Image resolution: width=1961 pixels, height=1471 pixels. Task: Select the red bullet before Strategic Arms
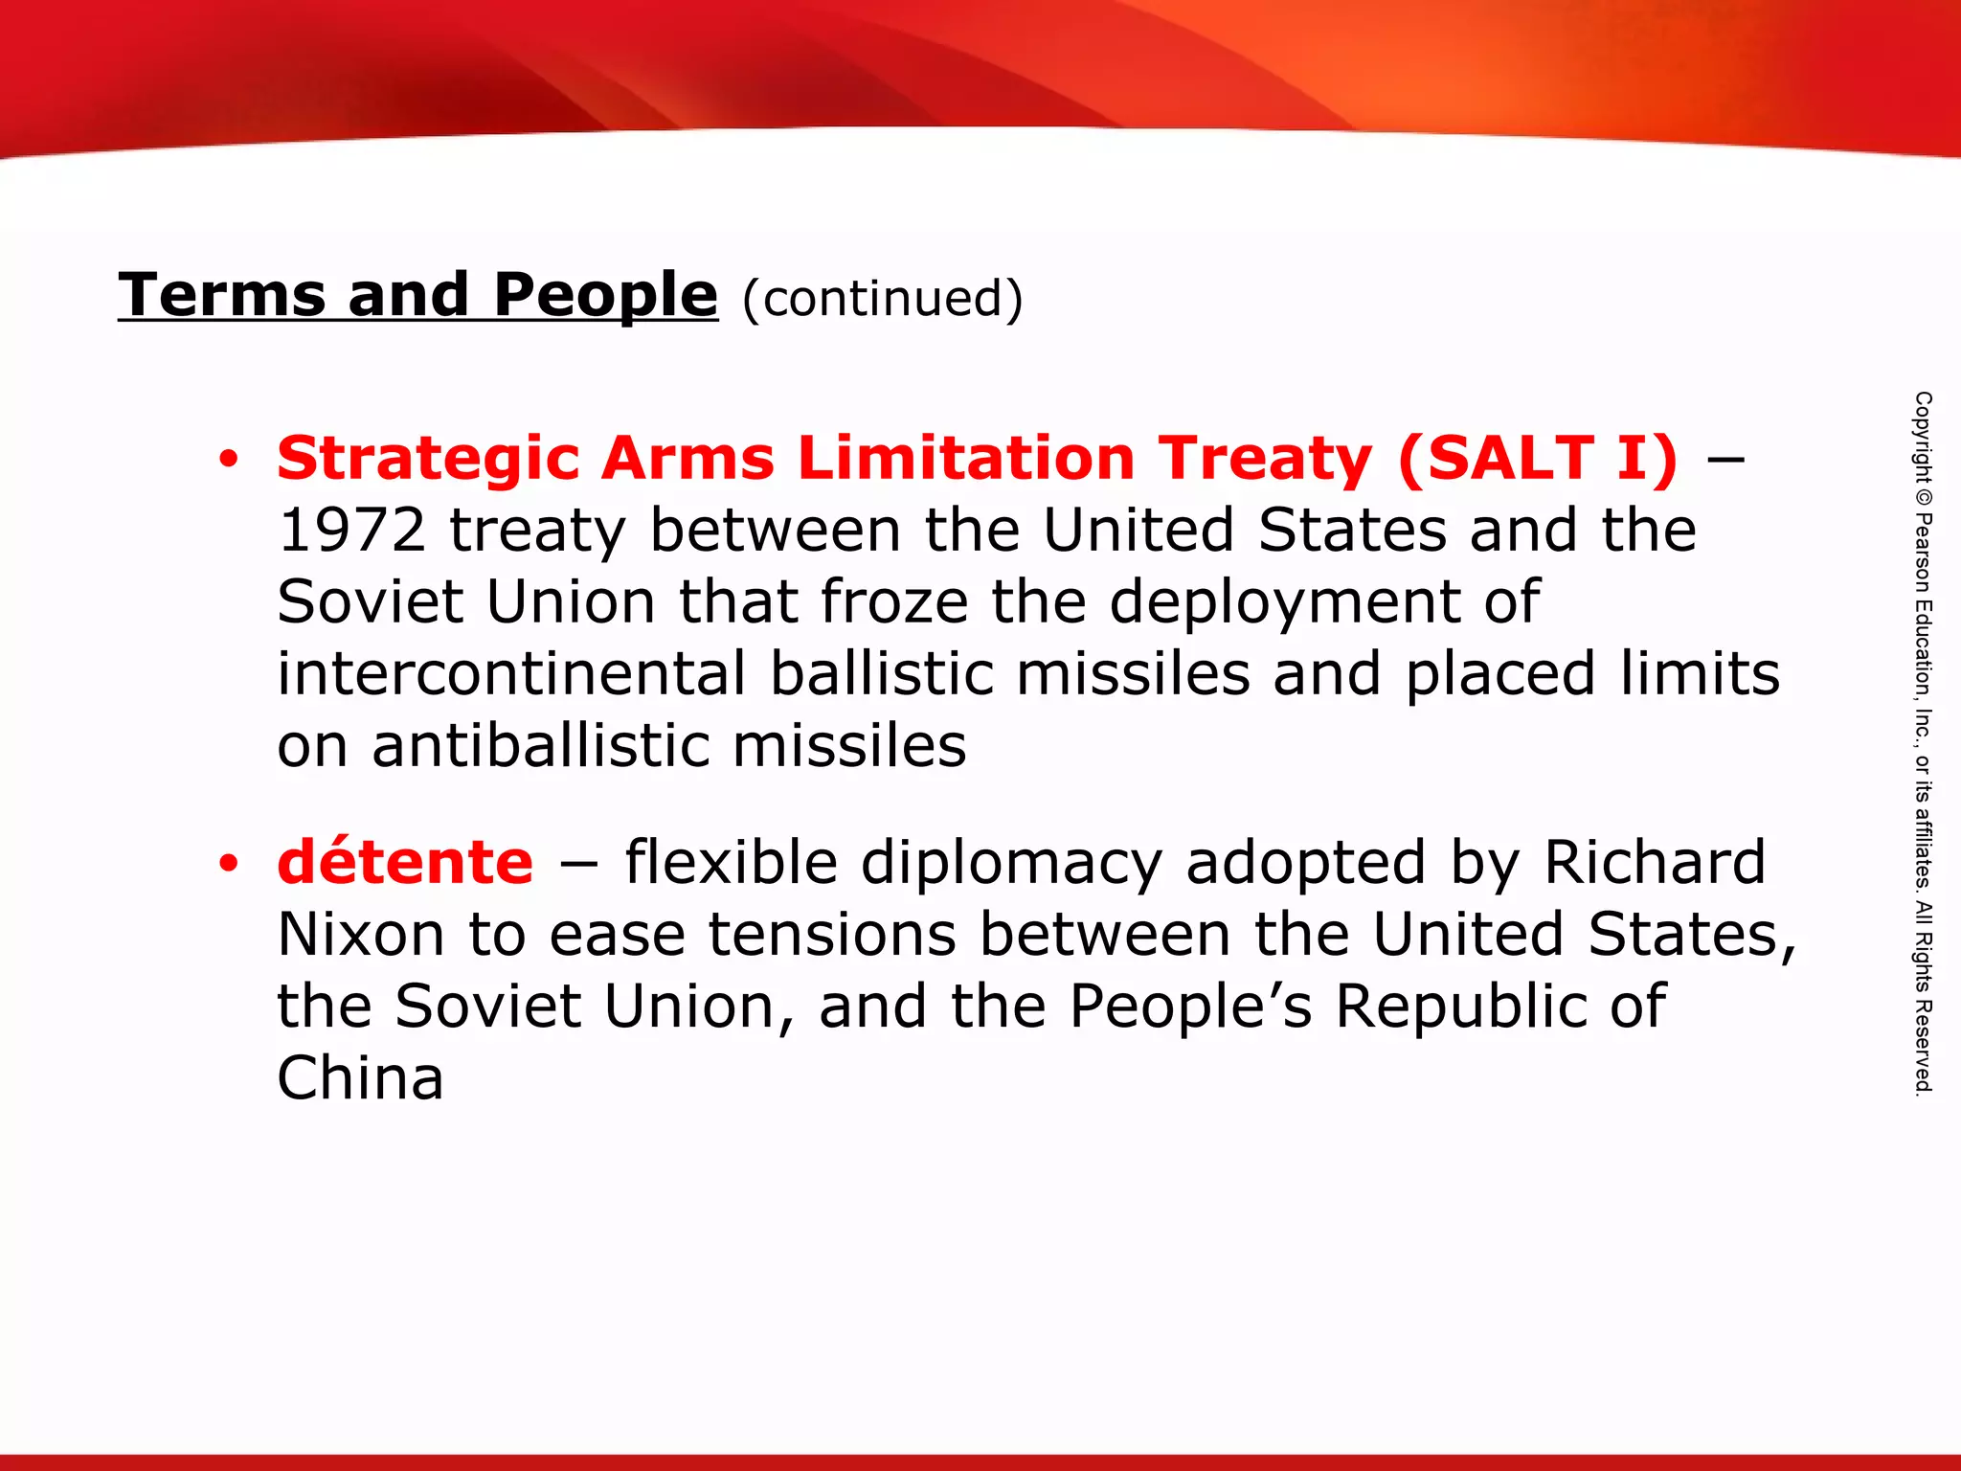click(228, 460)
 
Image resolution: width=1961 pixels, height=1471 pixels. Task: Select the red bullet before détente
click(228, 864)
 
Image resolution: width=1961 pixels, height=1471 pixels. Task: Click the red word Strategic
click(428, 459)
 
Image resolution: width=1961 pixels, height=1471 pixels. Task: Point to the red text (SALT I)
click(1537, 458)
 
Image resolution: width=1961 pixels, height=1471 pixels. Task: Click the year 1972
click(351, 531)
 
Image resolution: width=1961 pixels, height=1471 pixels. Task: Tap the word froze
click(894, 602)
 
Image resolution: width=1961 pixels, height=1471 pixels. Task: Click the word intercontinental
click(511, 673)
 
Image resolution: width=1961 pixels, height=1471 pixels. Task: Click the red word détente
click(405, 862)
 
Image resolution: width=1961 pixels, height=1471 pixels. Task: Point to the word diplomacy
click(1011, 863)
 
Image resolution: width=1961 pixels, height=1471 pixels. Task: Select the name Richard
click(1654, 863)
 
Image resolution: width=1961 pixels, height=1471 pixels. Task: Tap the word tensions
click(832, 935)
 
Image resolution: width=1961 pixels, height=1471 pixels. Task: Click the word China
click(361, 1078)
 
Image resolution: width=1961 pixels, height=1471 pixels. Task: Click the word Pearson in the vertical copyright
click(1923, 555)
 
